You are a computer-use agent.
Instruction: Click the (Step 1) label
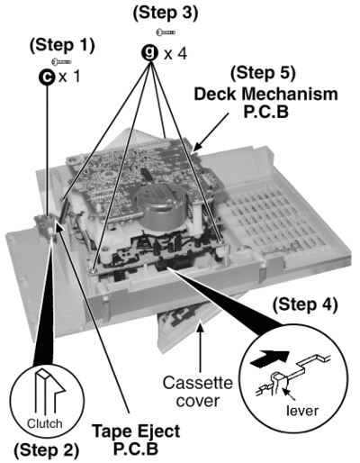pyautogui.click(x=62, y=46)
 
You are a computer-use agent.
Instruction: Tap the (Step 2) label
pyautogui.click(x=47, y=450)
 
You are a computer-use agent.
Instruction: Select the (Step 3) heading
pyautogui.click(x=166, y=14)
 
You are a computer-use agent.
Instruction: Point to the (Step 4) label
pyautogui.click(x=305, y=304)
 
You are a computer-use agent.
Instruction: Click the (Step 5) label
pyautogui.click(x=263, y=73)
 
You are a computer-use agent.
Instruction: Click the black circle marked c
pyautogui.click(x=47, y=77)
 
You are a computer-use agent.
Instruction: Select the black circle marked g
pyautogui.click(x=149, y=52)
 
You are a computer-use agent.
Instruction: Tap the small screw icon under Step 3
pyautogui.click(x=166, y=32)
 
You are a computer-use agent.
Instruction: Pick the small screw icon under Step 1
pyautogui.click(x=61, y=62)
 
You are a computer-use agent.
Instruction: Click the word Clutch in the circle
pyautogui.click(x=45, y=423)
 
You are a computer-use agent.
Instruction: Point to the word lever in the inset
pyautogui.click(x=302, y=410)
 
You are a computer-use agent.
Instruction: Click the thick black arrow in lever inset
pyautogui.click(x=270, y=358)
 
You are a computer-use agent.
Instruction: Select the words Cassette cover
pyautogui.click(x=198, y=392)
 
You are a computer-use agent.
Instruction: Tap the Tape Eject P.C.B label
pyautogui.click(x=136, y=440)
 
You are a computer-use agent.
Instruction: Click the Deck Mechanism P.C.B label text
pyautogui.click(x=265, y=103)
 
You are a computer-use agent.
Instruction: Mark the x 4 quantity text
pyautogui.click(x=175, y=54)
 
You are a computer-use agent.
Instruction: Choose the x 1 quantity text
pyautogui.click(x=69, y=77)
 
